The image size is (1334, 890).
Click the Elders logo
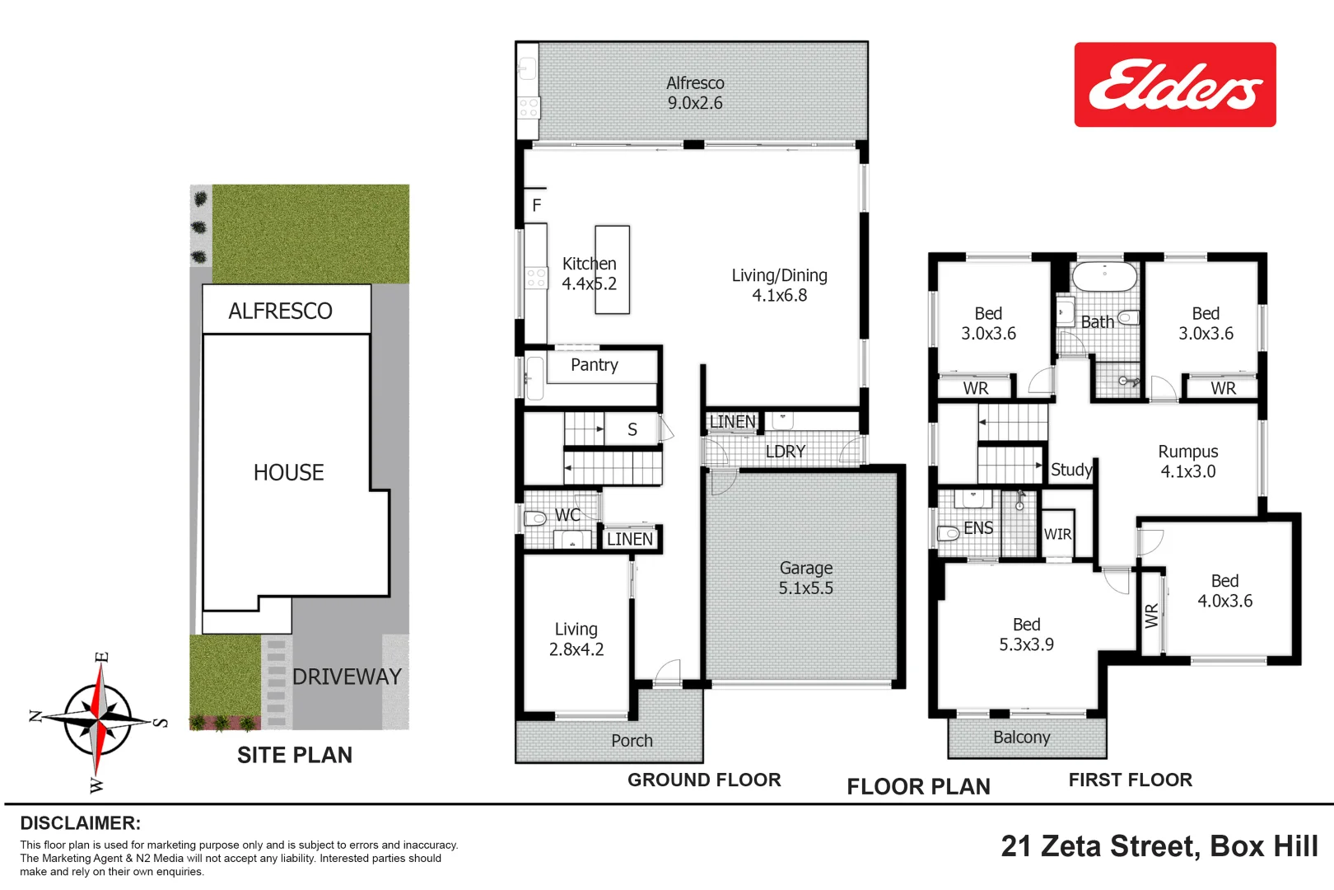(1174, 85)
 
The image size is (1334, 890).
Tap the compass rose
(99, 720)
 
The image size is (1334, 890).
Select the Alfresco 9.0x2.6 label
(695, 93)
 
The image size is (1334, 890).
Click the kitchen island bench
(612, 270)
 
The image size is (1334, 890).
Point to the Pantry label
(594, 365)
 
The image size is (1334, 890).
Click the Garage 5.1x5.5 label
(805, 578)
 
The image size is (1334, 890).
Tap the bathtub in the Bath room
(1104, 276)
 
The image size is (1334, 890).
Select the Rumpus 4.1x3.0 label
(1187, 461)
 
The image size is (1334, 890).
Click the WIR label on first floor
(1057, 534)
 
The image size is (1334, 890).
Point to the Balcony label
(1021, 738)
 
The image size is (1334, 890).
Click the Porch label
(632, 741)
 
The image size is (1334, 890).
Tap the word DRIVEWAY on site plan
(347, 677)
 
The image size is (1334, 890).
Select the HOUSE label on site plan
(288, 472)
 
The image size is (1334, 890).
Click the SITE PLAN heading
(294, 755)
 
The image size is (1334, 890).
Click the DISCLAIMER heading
(80, 822)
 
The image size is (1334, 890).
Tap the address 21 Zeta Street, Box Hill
(1159, 846)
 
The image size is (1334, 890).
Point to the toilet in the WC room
(535, 518)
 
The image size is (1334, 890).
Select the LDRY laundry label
(785, 452)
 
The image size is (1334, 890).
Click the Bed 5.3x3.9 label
(1026, 635)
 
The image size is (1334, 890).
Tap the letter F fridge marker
(537, 205)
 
